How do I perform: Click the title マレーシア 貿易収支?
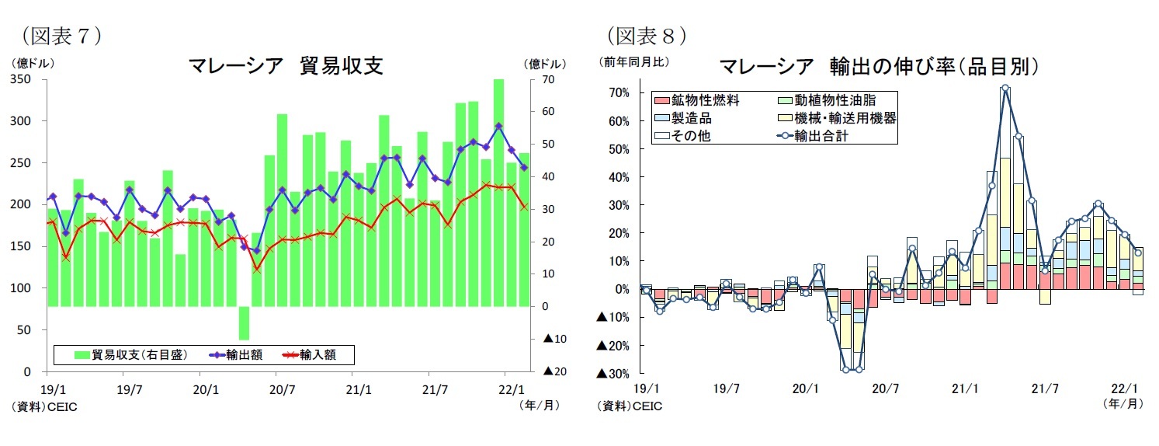(x=286, y=66)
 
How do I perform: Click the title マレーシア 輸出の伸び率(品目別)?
(x=879, y=66)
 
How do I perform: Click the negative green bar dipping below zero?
(x=244, y=323)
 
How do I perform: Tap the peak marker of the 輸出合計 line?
(x=1005, y=88)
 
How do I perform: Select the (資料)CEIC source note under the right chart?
(x=630, y=406)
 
